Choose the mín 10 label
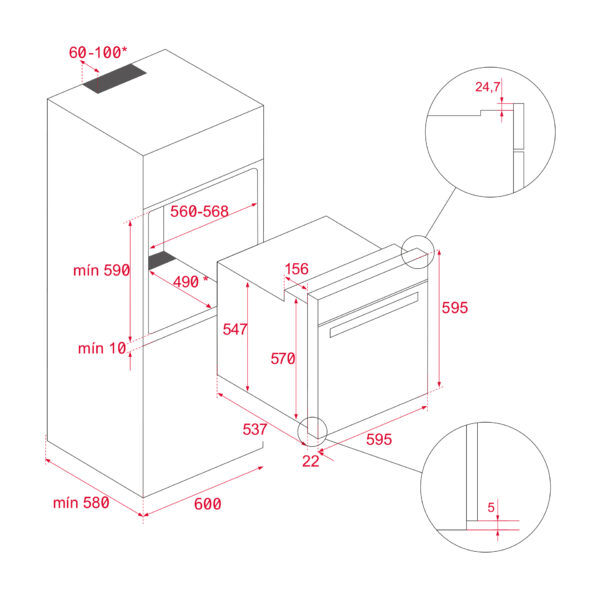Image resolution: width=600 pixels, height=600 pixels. pyautogui.click(x=102, y=348)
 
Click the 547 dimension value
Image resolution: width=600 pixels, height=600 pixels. pyautogui.click(x=237, y=329)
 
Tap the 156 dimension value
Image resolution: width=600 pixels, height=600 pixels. pyautogui.click(x=296, y=269)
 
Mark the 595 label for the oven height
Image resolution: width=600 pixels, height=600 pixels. pyautogui.click(x=454, y=308)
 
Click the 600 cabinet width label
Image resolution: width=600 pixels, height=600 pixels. pyautogui.click(x=207, y=504)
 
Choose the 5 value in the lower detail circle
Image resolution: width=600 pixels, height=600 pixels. pyautogui.click(x=491, y=507)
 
